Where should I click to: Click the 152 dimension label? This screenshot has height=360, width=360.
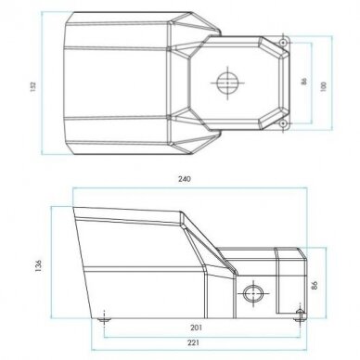pyautogui.click(x=33, y=86)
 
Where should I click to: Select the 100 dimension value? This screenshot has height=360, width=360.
pyautogui.click(x=324, y=86)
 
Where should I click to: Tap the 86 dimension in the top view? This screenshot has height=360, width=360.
pyautogui.click(x=304, y=82)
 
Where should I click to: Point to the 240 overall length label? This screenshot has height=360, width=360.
pyautogui.click(x=185, y=179)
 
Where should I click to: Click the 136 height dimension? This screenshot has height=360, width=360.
pyautogui.click(x=38, y=265)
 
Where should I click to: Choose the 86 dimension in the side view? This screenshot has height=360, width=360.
pyautogui.click(x=315, y=285)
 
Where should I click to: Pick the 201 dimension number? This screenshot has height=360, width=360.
pyautogui.click(x=196, y=328)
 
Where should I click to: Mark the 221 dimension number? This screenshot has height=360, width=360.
pyautogui.click(x=193, y=342)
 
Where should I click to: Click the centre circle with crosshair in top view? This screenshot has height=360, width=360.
pyautogui.click(x=227, y=83)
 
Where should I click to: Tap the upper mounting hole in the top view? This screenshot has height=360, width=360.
pyautogui.click(x=283, y=43)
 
